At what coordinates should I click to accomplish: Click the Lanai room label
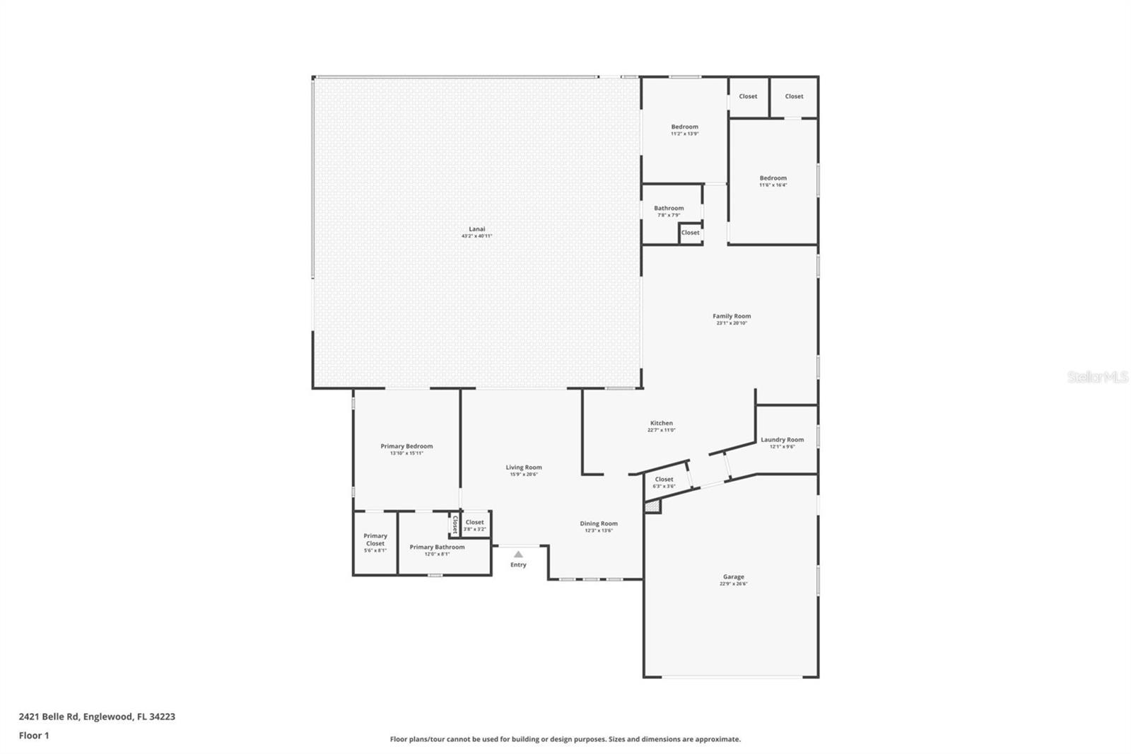pyautogui.click(x=477, y=229)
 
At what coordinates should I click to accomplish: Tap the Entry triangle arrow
pyautogui.click(x=518, y=555)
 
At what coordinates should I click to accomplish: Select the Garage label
pyautogui.click(x=733, y=577)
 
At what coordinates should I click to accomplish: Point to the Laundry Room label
pyautogui.click(x=782, y=440)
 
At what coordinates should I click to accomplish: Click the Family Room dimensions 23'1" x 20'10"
pyautogui.click(x=732, y=323)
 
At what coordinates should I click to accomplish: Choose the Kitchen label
pyautogui.click(x=662, y=424)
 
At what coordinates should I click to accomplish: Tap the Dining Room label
pyautogui.click(x=599, y=524)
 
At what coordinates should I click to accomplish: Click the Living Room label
pyautogui.click(x=524, y=468)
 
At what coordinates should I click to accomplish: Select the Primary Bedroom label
pyautogui.click(x=406, y=446)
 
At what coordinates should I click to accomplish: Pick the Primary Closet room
pyautogui.click(x=375, y=543)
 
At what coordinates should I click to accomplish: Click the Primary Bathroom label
pyautogui.click(x=437, y=547)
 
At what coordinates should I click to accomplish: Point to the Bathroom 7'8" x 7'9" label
pyautogui.click(x=669, y=209)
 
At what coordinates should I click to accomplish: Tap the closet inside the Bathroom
pyautogui.click(x=691, y=233)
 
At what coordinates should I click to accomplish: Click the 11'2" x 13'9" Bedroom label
pyautogui.click(x=684, y=127)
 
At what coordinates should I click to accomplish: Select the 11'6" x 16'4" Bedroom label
pyautogui.click(x=773, y=179)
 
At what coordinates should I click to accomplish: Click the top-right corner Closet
pyautogui.click(x=794, y=97)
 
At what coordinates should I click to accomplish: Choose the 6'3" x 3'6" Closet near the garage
pyautogui.click(x=664, y=480)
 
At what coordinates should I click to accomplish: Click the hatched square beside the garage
pyautogui.click(x=652, y=506)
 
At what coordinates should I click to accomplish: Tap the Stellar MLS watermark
pyautogui.click(x=1097, y=377)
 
